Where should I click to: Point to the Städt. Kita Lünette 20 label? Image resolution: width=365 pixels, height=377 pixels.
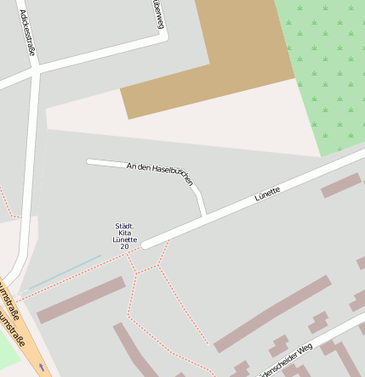tap(124, 236)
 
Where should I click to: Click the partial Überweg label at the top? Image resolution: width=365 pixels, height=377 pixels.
tap(158, 14)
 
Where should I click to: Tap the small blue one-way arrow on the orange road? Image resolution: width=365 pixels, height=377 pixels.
tap(40, 367)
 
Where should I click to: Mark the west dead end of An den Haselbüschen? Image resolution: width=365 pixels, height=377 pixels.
tap(89, 160)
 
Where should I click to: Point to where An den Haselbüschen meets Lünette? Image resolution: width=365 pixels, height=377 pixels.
tap(204, 216)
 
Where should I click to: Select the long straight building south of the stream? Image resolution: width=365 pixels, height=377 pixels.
tap(81, 300)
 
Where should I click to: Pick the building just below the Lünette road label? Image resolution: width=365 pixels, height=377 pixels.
tap(340, 185)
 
